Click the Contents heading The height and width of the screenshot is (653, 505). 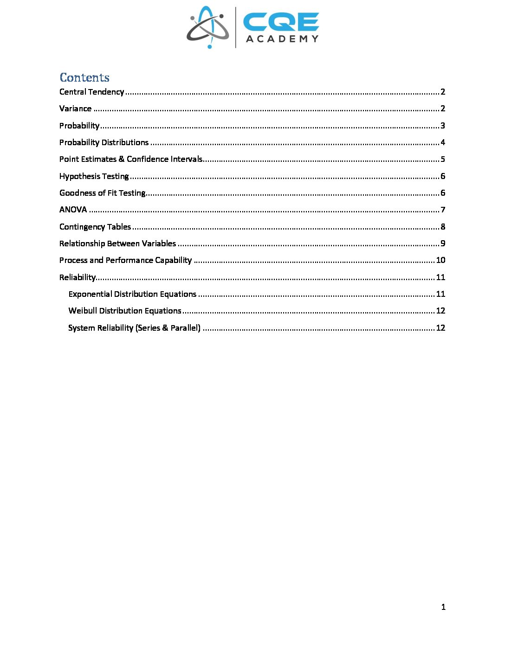click(x=84, y=77)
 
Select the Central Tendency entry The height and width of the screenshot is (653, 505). click(x=91, y=92)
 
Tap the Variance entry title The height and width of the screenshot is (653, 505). click(x=75, y=109)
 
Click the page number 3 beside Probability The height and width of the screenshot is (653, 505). click(x=443, y=126)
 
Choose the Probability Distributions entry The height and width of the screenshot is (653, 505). click(x=104, y=142)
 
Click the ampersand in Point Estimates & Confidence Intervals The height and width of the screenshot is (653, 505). click(x=122, y=159)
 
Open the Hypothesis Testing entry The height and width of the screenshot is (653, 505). click(x=94, y=176)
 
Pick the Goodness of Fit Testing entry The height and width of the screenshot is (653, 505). click(x=102, y=193)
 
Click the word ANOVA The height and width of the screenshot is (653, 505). click(x=73, y=210)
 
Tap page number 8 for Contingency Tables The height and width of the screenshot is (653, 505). click(x=443, y=227)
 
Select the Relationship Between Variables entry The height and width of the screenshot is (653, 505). click(x=117, y=243)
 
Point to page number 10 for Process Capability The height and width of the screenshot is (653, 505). click(x=440, y=260)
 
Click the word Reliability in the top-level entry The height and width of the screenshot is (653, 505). click(x=77, y=277)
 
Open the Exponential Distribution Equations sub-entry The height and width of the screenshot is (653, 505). click(x=132, y=294)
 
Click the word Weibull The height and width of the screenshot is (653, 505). click(x=83, y=311)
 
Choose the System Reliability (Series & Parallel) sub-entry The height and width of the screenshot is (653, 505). click(x=134, y=328)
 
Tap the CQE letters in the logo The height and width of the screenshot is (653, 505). click(x=281, y=21)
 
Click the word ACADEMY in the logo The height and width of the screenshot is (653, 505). click(x=282, y=39)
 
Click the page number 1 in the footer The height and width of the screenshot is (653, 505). click(x=443, y=607)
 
